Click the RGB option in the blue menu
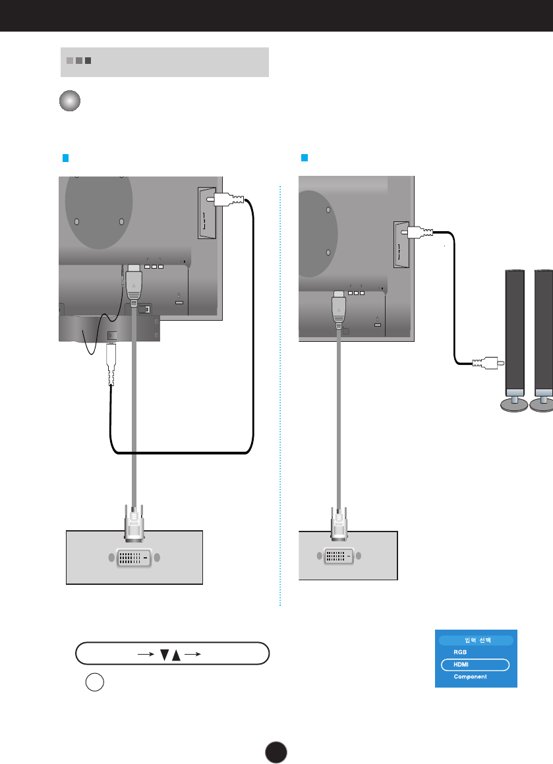click(460, 652)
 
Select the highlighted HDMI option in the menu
click(475, 665)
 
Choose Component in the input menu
click(470, 677)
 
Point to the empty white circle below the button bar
click(94, 683)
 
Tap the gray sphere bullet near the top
click(70, 101)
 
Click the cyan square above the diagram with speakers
click(305, 158)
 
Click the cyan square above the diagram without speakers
click(65, 158)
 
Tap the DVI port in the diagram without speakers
click(134, 557)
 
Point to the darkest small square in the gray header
click(88, 61)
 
